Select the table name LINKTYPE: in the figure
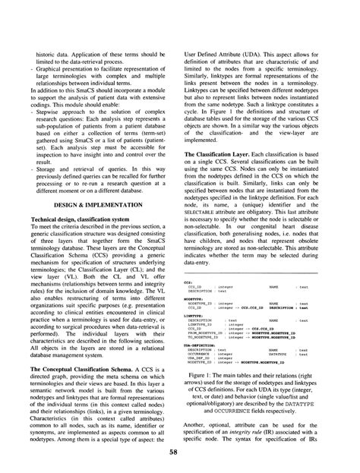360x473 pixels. [197, 294]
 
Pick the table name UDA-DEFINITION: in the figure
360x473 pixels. [202, 322]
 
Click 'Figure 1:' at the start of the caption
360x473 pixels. [208, 355]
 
